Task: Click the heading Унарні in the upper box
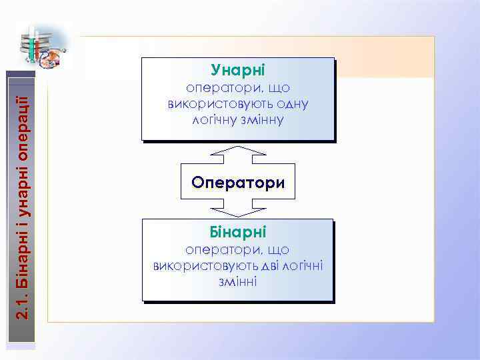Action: [x=237, y=70]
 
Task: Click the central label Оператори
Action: [x=237, y=182]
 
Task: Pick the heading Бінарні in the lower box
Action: [x=237, y=232]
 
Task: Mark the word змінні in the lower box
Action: [x=237, y=281]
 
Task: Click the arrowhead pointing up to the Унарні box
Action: [x=237, y=151]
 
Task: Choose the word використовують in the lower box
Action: [x=199, y=265]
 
